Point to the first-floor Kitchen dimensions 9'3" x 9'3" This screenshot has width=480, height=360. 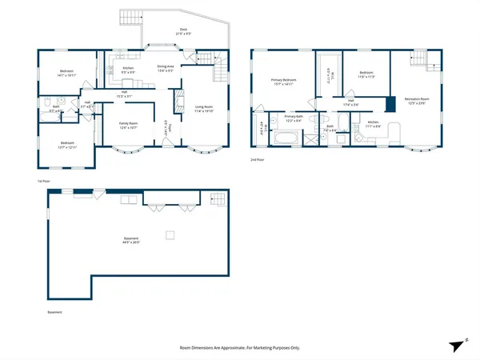(128, 73)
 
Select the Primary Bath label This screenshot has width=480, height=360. (294, 116)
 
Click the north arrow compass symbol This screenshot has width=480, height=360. (457, 346)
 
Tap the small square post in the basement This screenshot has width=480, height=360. (170, 234)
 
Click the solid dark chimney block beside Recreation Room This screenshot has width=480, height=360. (390, 103)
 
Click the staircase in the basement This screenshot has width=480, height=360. (217, 199)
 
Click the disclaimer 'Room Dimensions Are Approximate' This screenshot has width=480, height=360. (239, 348)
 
